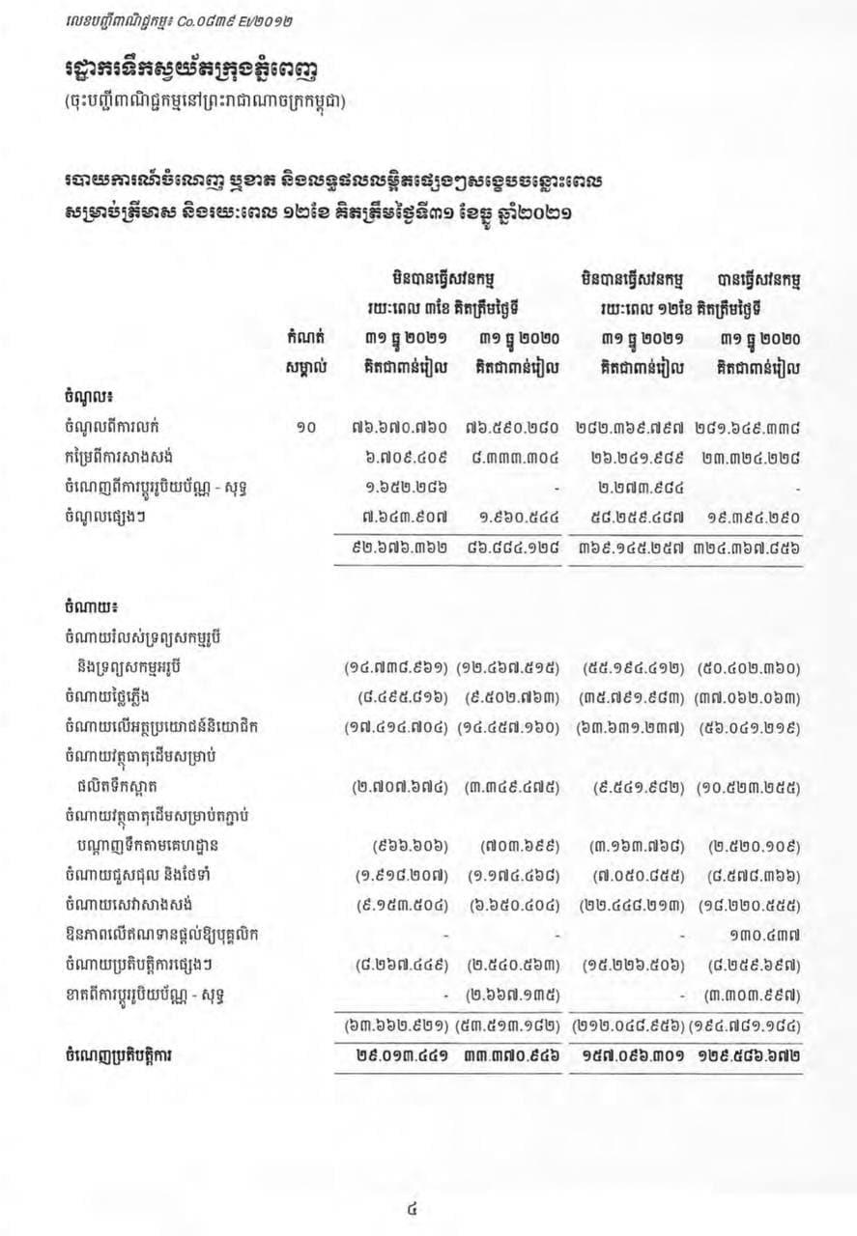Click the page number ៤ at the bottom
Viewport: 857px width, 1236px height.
[414, 1205]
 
